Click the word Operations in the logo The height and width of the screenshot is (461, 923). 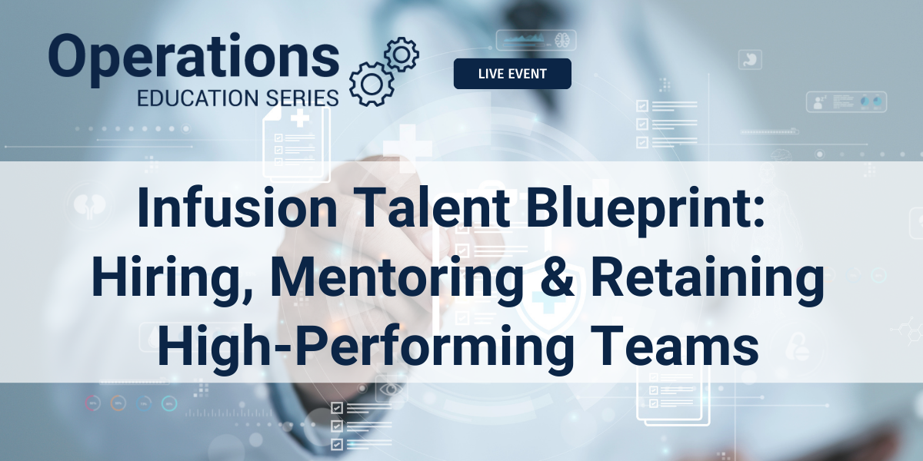click(x=194, y=59)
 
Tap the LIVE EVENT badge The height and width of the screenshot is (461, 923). click(x=512, y=74)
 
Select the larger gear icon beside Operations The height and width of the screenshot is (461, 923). click(x=372, y=85)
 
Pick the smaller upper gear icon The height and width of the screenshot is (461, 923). click(x=402, y=55)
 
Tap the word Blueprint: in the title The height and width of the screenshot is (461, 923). click(x=645, y=210)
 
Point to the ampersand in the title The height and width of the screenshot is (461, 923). click(x=557, y=276)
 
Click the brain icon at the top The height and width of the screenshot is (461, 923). click(x=561, y=40)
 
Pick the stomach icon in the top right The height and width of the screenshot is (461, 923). click(x=750, y=60)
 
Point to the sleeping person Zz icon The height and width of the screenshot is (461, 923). click(x=818, y=102)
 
